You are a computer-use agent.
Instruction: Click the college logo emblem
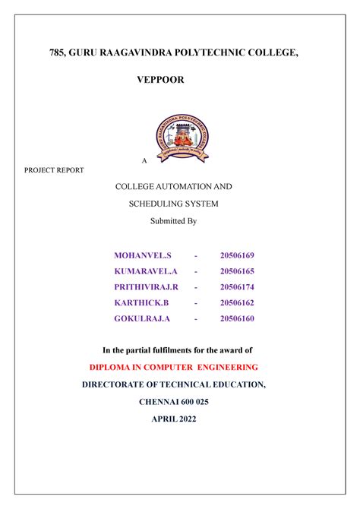click(x=180, y=138)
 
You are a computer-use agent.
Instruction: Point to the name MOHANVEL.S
click(x=143, y=254)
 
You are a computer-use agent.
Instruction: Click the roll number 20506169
click(x=237, y=254)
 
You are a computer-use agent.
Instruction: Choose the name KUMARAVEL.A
click(x=146, y=270)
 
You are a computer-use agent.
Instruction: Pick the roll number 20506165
click(x=237, y=270)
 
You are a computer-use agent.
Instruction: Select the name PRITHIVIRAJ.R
click(x=147, y=286)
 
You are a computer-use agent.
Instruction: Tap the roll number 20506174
click(x=237, y=286)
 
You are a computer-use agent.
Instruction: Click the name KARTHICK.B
click(x=141, y=302)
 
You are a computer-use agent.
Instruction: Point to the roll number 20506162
click(x=237, y=302)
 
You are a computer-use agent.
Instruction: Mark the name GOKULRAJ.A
click(x=142, y=318)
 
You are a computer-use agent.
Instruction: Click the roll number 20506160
click(x=237, y=318)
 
